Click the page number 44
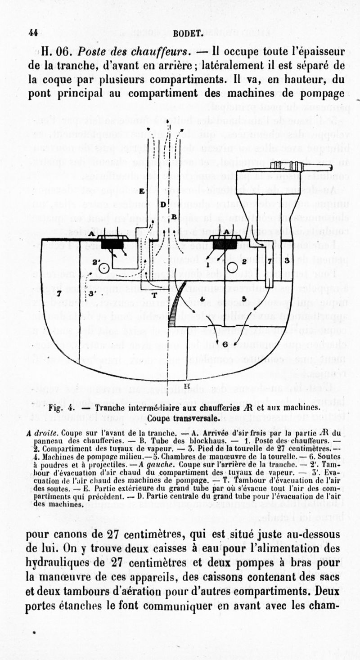click(32, 32)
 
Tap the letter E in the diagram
click(142, 191)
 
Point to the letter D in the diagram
click(163, 204)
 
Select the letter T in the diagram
click(154, 296)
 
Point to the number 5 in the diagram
click(243, 298)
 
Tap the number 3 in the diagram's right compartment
click(287, 260)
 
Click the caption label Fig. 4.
click(61, 408)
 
